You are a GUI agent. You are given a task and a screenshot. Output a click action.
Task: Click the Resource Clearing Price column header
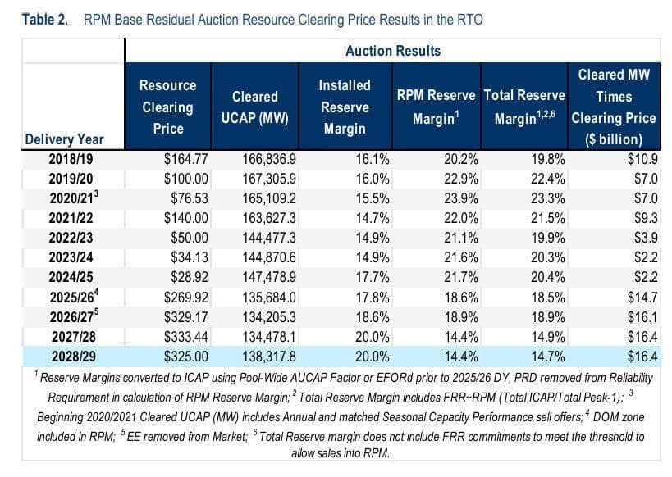pos(168,107)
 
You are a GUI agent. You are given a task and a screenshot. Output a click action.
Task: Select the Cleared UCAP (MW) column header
pos(255,107)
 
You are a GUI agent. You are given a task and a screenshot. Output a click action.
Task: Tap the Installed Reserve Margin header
pos(345,107)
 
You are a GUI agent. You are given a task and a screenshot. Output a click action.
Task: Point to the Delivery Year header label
pos(64,139)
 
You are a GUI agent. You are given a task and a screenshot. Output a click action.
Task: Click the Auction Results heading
pos(393,51)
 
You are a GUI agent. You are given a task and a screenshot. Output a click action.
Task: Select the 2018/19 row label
pos(71,159)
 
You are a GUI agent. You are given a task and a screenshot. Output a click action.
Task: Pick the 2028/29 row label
pos(74,357)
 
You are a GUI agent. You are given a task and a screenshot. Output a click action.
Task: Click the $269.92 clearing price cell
pos(186,298)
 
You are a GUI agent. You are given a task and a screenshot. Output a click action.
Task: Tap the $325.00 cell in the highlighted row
pos(186,357)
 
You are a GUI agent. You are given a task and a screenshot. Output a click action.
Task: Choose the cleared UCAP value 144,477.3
pos(269,238)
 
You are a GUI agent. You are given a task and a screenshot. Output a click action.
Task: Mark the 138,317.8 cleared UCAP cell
pos(269,357)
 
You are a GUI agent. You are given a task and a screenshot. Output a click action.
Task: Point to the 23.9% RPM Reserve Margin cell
pos(460,198)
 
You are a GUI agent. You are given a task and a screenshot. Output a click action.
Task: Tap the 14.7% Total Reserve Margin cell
pos(548,357)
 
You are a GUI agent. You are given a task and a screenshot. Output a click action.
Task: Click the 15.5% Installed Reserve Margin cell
pos(373,198)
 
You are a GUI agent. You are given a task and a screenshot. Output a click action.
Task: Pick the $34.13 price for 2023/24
pos(190,257)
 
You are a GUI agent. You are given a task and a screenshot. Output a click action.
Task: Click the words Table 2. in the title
pos(45,20)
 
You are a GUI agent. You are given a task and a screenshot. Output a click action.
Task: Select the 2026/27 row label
pos(74,316)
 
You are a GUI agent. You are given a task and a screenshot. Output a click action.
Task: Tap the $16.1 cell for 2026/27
pos(642,317)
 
